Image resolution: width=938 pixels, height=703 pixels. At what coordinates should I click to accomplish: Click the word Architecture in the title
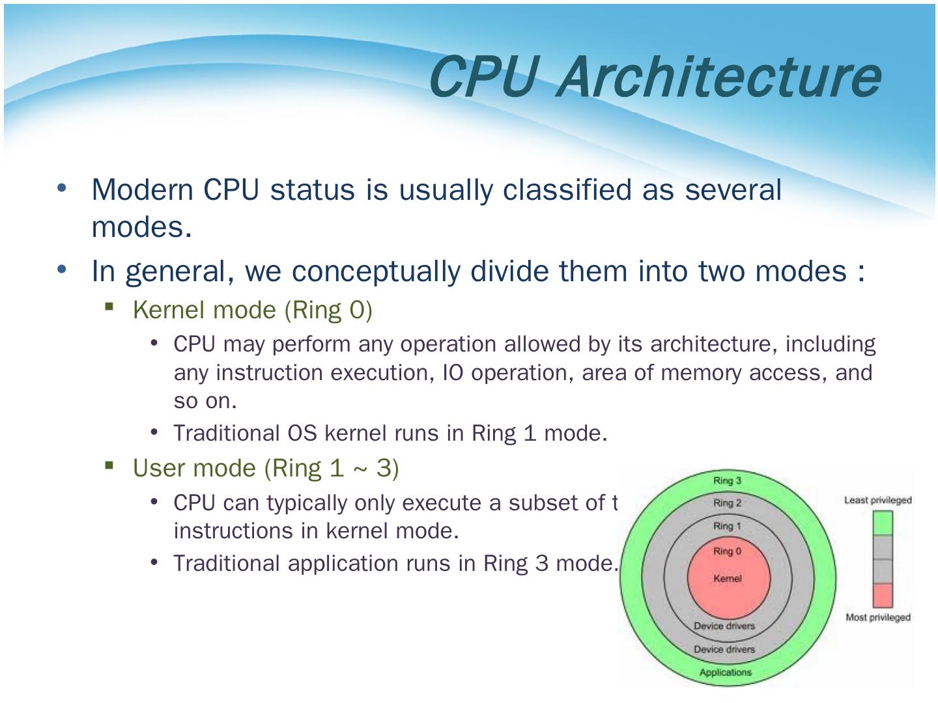click(719, 77)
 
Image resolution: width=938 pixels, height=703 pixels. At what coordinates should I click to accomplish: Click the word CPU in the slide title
click(483, 77)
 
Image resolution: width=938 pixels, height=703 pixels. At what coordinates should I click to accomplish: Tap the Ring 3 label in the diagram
click(727, 481)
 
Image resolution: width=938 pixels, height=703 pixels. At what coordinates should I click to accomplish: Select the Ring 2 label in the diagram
click(727, 503)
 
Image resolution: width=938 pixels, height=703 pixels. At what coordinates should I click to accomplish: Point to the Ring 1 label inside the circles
click(727, 526)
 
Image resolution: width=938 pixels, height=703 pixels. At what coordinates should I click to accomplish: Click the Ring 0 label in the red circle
click(727, 551)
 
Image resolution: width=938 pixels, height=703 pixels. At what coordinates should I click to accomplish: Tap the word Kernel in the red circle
click(727, 579)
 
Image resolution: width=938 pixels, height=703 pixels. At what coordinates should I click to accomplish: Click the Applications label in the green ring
click(725, 672)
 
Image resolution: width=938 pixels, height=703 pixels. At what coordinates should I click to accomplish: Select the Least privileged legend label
click(877, 500)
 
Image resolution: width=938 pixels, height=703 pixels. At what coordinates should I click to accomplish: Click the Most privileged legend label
click(877, 617)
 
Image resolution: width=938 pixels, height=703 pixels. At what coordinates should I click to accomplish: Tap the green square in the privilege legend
click(882, 523)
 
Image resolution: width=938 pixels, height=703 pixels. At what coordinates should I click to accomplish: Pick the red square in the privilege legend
click(882, 595)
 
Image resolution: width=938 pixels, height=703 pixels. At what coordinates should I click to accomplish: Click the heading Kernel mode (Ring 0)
click(253, 310)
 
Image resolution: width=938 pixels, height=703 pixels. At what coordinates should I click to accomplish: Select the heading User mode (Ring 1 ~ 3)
click(266, 468)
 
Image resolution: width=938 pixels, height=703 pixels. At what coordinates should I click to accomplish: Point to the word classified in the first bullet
click(567, 190)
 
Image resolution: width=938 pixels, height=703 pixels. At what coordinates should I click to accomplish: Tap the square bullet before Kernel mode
click(109, 306)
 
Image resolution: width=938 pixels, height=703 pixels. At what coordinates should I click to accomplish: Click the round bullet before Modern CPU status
click(62, 188)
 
